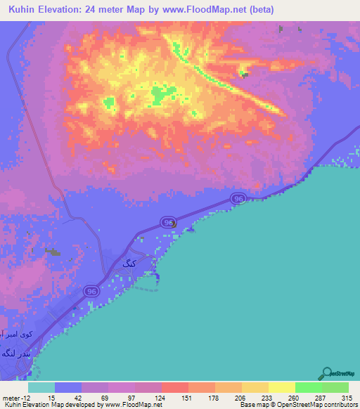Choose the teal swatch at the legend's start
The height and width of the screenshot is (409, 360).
tap(41, 387)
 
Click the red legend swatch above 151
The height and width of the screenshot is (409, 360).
tap(175, 387)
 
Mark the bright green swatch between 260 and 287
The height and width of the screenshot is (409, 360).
tap(309, 387)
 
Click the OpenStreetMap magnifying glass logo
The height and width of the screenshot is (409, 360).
tap(326, 373)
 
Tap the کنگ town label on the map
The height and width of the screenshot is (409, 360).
tap(128, 264)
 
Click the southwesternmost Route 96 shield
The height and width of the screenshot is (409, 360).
tap(91, 290)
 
